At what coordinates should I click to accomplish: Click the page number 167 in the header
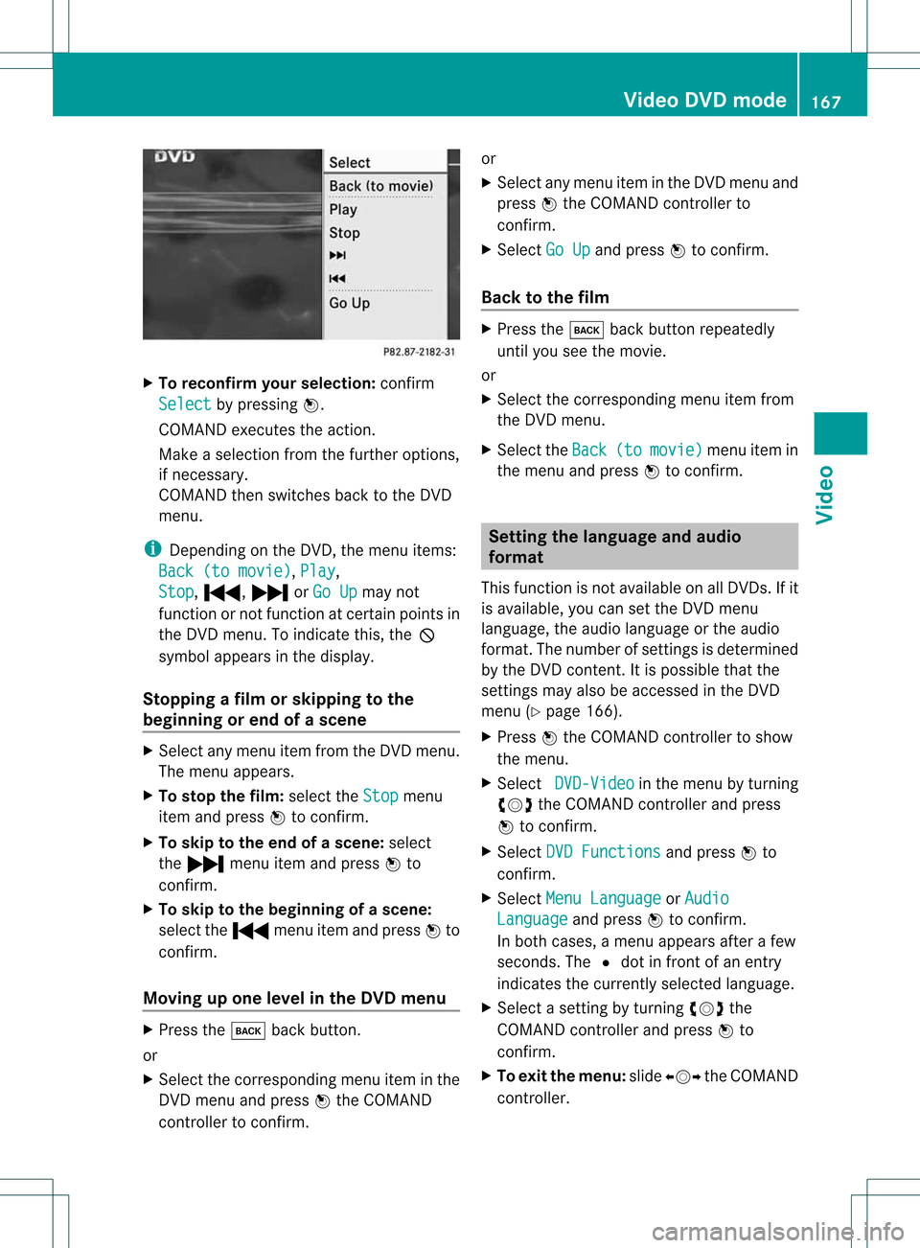pos(826,102)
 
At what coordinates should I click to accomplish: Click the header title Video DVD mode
pos(704,100)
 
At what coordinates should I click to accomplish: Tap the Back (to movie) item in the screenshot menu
pos(380,186)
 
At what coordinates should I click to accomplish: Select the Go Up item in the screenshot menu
pos(350,303)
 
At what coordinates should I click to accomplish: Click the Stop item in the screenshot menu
pos(345,233)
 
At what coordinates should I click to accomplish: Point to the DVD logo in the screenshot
pos(174,156)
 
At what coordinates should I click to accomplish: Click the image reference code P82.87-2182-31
pos(419,352)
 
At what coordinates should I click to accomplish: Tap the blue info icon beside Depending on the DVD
pos(151,549)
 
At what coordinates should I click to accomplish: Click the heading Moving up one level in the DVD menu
pos(294,998)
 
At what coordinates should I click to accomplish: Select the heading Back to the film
pos(545,297)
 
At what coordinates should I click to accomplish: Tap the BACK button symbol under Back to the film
pos(586,330)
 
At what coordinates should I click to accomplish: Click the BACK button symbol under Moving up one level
pos(248,1030)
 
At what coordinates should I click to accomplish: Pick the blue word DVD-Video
pos(594,783)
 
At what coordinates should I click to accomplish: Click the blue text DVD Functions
pos(603,852)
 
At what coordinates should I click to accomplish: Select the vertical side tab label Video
pos(826,495)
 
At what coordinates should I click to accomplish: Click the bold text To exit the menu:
pos(561,1075)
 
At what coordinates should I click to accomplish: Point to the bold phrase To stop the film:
pos(221,796)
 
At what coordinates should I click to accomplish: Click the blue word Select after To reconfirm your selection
pos(184,404)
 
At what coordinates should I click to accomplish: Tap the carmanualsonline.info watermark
pos(777,1231)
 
